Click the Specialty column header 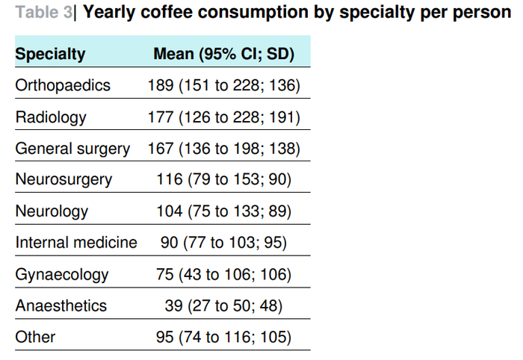(x=50, y=54)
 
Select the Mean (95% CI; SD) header (x=224, y=54)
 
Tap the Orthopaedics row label (x=63, y=85)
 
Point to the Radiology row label (x=51, y=117)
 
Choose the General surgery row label (x=72, y=149)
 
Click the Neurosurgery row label (x=64, y=180)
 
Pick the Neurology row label (x=52, y=211)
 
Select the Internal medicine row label (x=76, y=242)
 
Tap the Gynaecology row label (x=62, y=275)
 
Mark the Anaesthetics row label (x=61, y=305)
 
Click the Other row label (x=35, y=337)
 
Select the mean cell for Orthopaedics (x=224, y=86)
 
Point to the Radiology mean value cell (x=224, y=117)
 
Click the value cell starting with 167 (x=224, y=149)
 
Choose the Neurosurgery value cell (x=224, y=180)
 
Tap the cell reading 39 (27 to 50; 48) (x=224, y=305)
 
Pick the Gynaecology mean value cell (x=224, y=275)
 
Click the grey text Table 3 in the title (x=43, y=13)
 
